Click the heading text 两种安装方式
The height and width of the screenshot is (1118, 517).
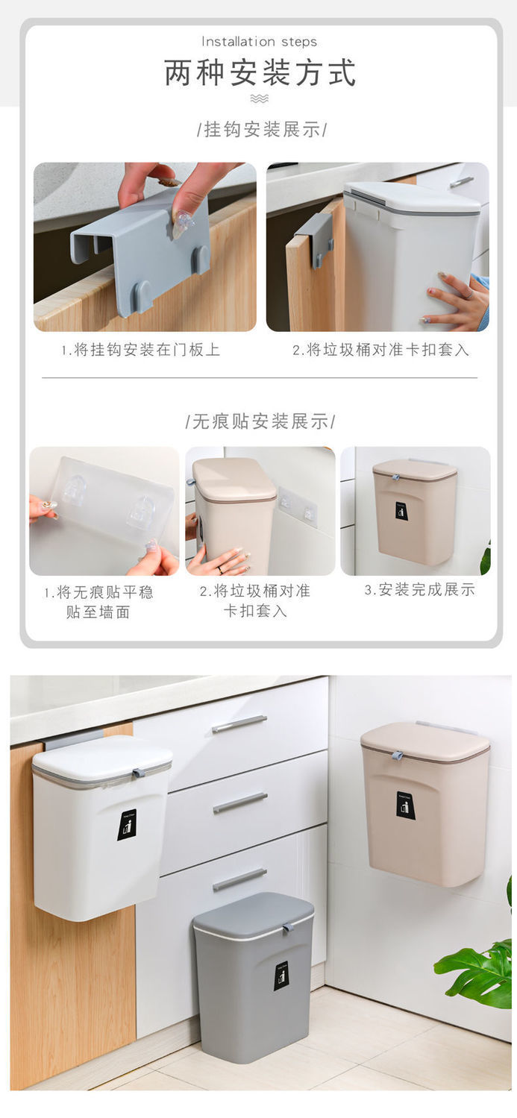(x=260, y=73)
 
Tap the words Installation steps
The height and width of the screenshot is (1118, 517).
(x=259, y=42)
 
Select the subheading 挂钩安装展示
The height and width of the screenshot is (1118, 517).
(x=262, y=129)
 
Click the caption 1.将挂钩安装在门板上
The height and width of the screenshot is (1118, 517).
(x=140, y=349)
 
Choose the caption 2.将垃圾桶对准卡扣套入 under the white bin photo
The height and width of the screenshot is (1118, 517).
(x=380, y=349)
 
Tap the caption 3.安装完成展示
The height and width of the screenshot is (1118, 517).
(x=419, y=589)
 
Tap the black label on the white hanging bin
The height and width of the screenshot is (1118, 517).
(x=127, y=825)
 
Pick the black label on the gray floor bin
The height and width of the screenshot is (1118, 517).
(x=281, y=976)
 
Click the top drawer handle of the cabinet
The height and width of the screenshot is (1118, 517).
(x=239, y=723)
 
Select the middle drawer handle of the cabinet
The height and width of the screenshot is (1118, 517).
(x=239, y=802)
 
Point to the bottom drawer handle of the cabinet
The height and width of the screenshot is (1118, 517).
(x=239, y=879)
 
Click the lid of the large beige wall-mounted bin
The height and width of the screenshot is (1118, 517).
(x=424, y=741)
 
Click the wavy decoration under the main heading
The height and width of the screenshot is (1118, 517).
(x=259, y=98)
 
